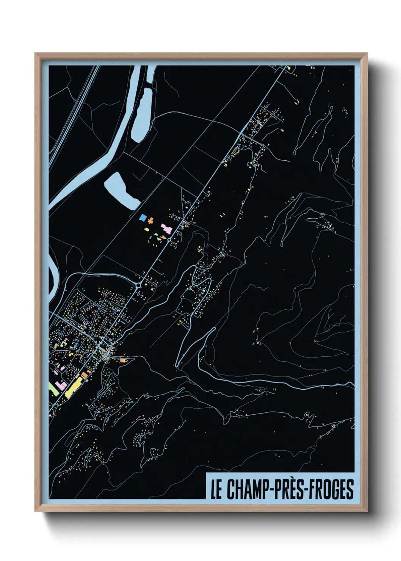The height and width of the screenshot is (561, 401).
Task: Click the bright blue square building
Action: pyautogui.click(x=143, y=218)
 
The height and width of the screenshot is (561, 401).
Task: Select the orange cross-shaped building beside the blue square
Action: pyautogui.click(x=150, y=220)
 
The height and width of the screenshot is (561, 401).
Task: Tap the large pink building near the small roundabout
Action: pyautogui.click(x=166, y=229)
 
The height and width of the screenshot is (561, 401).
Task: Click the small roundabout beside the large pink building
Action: pyautogui.click(x=169, y=240)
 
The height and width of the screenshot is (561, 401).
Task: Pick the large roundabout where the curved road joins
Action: pyautogui.click(x=139, y=285)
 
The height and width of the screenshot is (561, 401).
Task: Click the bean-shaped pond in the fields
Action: pyautogui.click(x=122, y=191)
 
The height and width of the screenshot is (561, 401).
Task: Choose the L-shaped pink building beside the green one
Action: pyautogui.click(x=61, y=386)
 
